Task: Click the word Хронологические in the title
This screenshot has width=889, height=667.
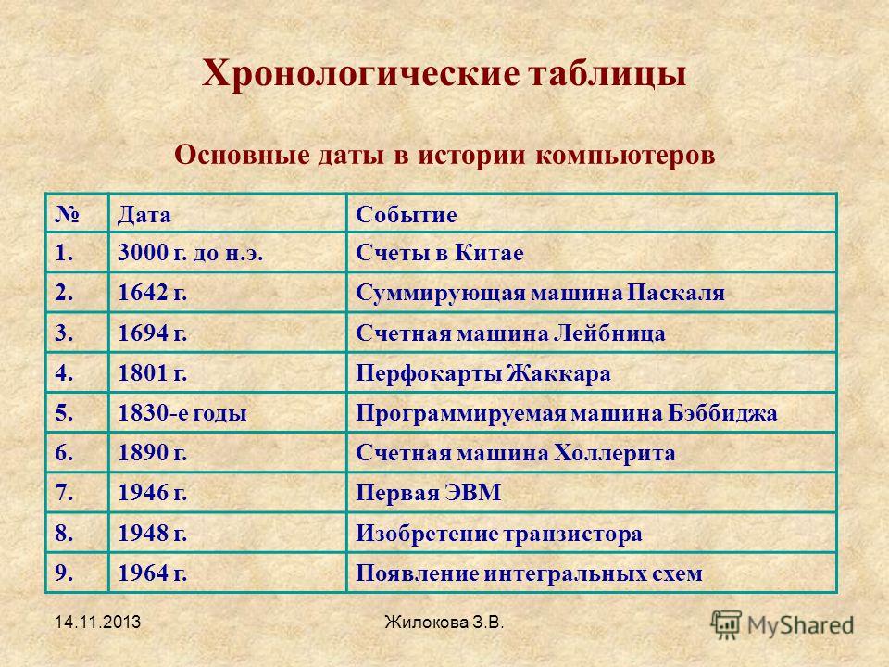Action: [x=360, y=74]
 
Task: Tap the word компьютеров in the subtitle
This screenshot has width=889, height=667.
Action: [x=625, y=155]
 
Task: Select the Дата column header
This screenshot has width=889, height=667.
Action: [x=144, y=215]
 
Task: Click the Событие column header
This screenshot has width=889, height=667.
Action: [x=406, y=215]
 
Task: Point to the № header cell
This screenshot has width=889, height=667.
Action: [x=67, y=214]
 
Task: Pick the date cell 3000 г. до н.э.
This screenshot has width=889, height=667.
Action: [x=191, y=253]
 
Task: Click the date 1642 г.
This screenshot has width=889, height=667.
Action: [x=153, y=293]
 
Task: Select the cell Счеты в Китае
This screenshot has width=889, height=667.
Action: [x=439, y=253]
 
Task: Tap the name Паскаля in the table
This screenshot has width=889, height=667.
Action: [x=676, y=293]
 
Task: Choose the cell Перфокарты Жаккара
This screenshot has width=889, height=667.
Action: [x=483, y=373]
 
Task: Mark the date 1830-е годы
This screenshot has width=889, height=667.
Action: [x=182, y=413]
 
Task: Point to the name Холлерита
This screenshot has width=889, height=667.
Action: [x=614, y=453]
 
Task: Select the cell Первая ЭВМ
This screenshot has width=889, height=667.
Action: [x=428, y=492]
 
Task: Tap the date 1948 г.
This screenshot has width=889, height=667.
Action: [x=153, y=534]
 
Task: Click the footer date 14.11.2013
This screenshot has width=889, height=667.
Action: [x=97, y=623]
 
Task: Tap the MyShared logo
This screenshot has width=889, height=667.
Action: [x=783, y=625]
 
